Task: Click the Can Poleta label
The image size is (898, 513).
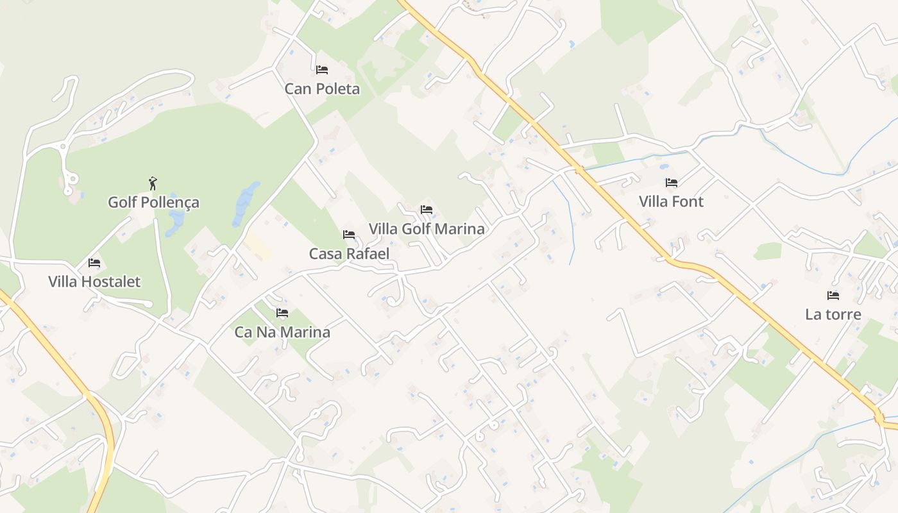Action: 322,88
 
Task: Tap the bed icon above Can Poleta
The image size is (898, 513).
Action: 322,69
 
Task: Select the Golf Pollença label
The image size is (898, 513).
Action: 153,203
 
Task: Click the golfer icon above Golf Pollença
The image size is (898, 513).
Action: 153,184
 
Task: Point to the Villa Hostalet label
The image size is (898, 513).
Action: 94,282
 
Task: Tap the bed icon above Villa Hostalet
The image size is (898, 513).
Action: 94,263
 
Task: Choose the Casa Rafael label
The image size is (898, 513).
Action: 349,254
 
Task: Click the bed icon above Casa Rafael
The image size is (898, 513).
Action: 349,235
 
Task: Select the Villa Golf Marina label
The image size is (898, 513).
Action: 427,229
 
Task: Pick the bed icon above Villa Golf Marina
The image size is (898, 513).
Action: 427,210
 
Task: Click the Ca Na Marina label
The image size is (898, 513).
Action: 282,332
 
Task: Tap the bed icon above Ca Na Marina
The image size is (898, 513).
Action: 282,313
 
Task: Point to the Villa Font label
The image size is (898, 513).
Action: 671,202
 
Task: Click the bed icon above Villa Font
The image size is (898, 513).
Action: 671,183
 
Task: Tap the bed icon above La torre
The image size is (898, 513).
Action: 833,296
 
